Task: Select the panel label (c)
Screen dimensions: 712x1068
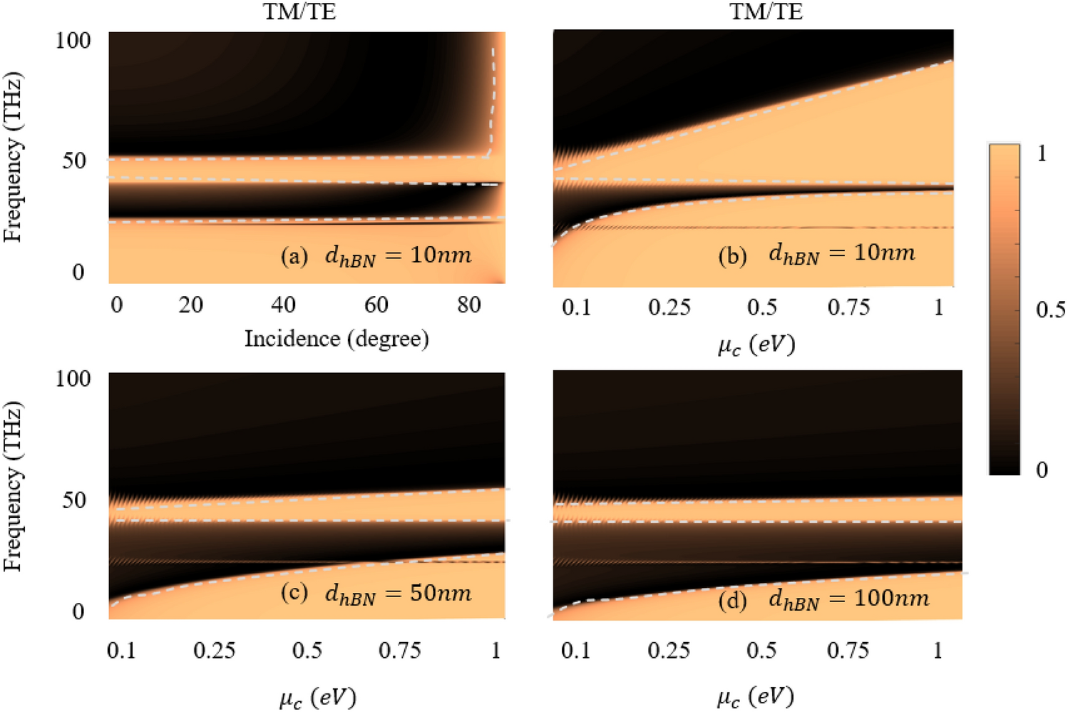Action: click(x=294, y=594)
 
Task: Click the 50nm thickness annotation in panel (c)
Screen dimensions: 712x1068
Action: click(x=398, y=594)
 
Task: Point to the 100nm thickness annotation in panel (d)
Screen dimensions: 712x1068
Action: click(x=848, y=599)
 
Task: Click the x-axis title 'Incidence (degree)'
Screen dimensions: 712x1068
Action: click(x=337, y=338)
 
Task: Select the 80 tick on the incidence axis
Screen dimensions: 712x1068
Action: click(x=469, y=305)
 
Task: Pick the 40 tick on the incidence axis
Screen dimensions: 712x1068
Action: click(x=283, y=305)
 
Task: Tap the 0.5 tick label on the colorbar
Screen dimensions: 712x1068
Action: click(x=1050, y=309)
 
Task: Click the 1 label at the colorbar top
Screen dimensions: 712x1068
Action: click(x=1042, y=153)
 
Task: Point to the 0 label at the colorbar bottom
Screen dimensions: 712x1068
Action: click(x=1042, y=469)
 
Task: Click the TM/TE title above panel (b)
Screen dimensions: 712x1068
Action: click(x=766, y=11)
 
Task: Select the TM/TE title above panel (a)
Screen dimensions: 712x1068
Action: click(x=299, y=11)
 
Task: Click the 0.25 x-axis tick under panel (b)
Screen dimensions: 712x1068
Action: click(x=669, y=307)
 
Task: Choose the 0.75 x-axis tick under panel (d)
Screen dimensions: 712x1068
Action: click(x=848, y=651)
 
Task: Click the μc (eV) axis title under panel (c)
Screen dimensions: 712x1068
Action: click(x=317, y=697)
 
